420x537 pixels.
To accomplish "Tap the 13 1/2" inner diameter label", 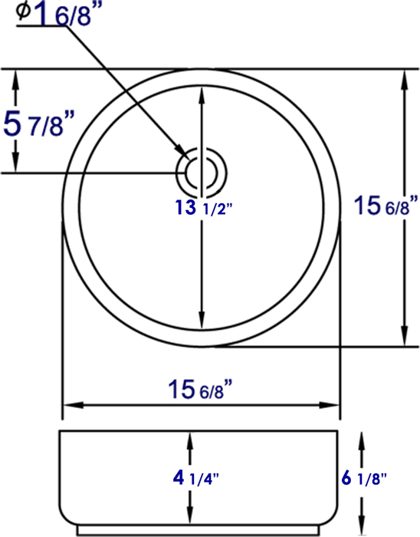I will [x=202, y=208].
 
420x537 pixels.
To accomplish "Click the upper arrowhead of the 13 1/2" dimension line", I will [x=202, y=91].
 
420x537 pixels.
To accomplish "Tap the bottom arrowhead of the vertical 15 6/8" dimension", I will [x=402, y=338].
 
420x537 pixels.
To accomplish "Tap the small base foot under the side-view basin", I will [x=201, y=530].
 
